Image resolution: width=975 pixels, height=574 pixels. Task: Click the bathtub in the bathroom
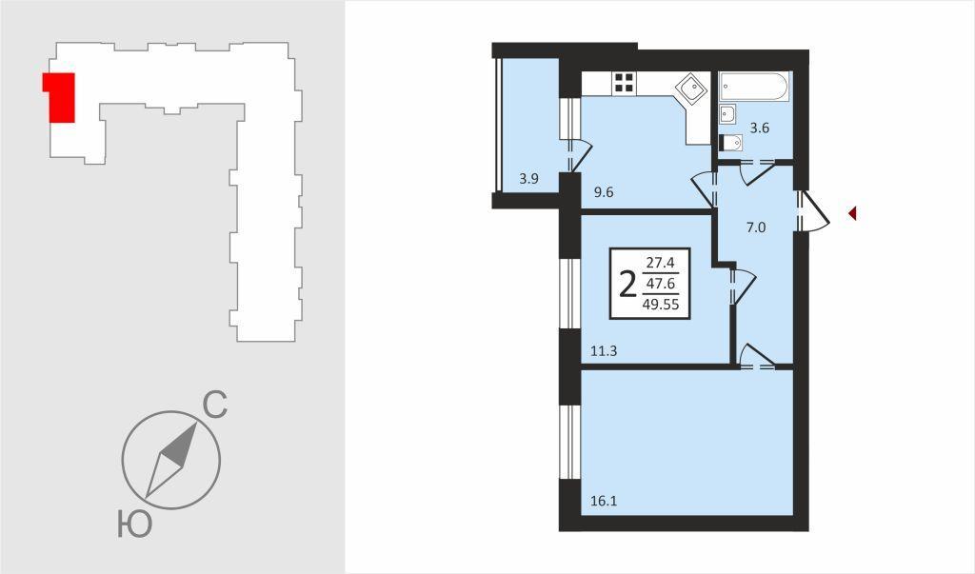click(754, 87)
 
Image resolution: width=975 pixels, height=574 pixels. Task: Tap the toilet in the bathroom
click(730, 143)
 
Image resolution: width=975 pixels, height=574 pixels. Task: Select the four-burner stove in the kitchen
click(624, 83)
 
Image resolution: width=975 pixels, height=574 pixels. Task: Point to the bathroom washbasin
click(726, 114)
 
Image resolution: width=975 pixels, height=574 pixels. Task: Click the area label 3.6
click(760, 129)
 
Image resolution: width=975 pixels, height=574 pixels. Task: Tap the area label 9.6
click(603, 193)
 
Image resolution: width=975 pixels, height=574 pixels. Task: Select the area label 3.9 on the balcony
click(528, 179)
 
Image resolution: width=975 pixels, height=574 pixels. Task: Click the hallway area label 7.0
click(755, 228)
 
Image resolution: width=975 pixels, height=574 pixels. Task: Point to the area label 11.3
click(604, 351)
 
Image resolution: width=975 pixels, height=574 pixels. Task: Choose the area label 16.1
click(604, 502)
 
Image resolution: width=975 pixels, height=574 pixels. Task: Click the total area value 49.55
click(661, 305)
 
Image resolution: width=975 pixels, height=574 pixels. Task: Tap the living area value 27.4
click(661, 262)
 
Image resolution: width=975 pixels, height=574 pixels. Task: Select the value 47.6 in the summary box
click(661, 283)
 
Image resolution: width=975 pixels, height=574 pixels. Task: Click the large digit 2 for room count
click(628, 284)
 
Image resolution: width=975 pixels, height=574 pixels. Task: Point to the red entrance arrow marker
click(853, 213)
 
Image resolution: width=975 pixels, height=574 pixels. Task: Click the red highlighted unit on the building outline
click(60, 97)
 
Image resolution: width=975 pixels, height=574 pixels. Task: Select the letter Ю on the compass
click(134, 524)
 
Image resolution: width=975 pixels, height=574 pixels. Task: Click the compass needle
click(171, 460)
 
